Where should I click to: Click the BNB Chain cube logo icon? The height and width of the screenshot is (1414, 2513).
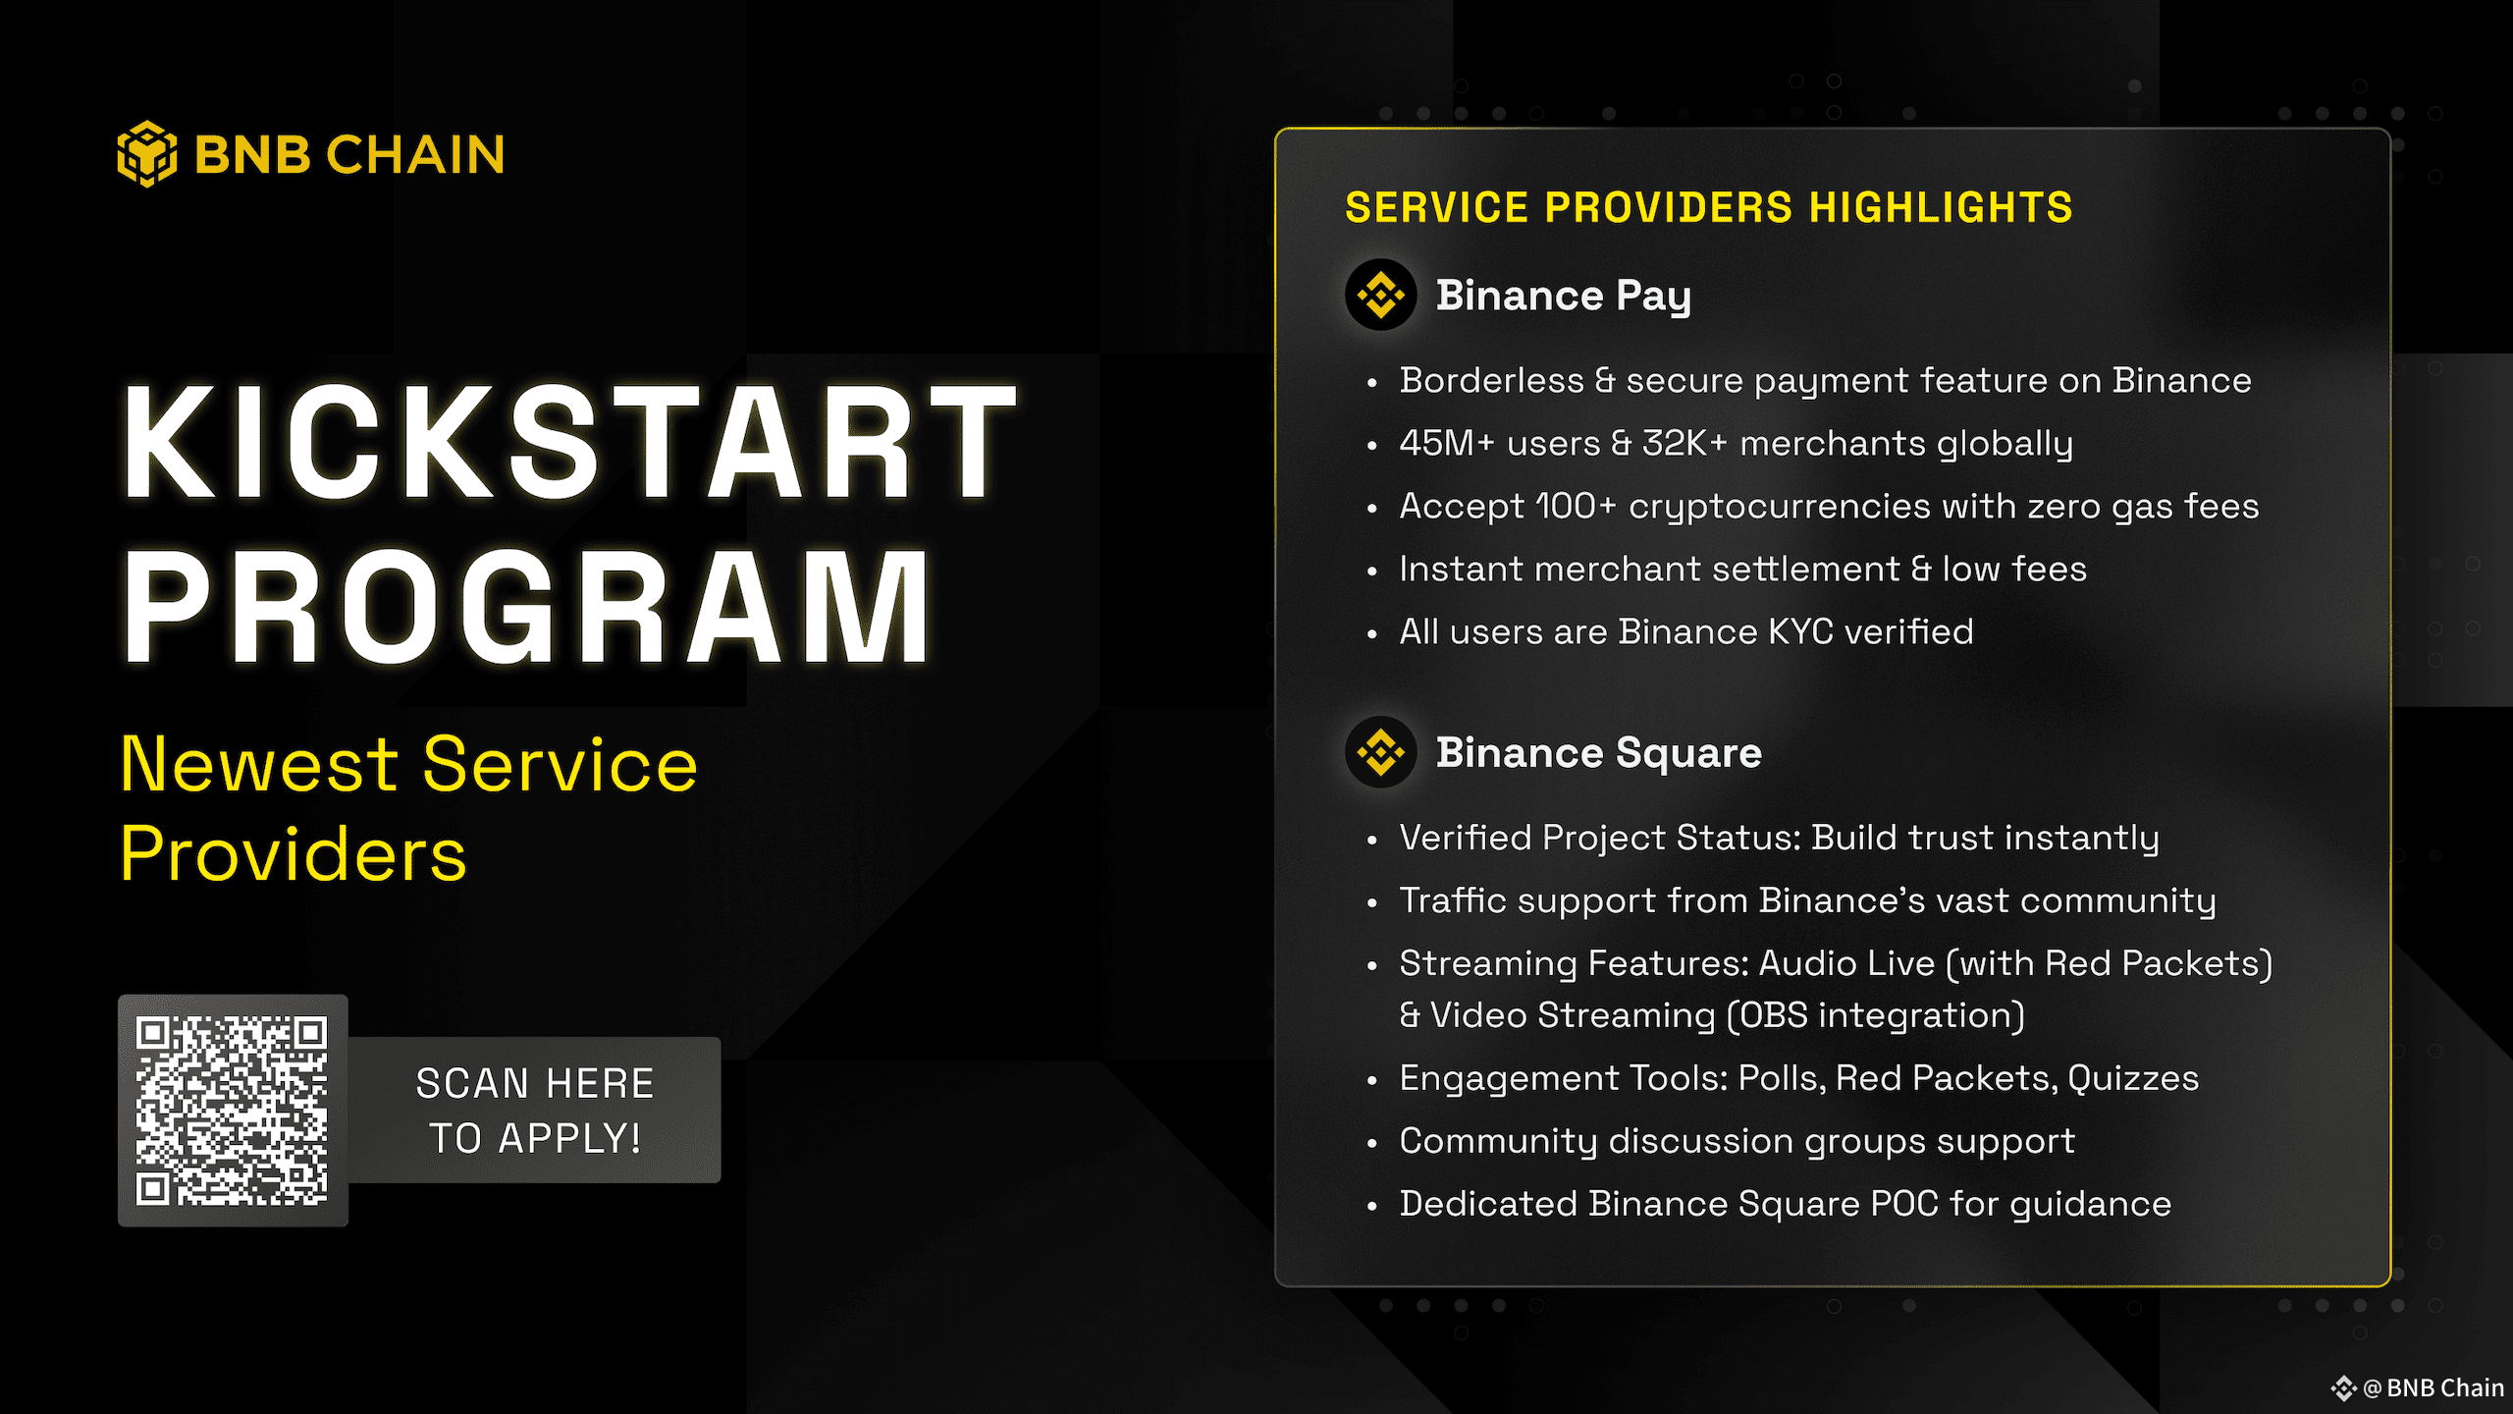pos(147,154)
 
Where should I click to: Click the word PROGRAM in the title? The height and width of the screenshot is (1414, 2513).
pos(526,606)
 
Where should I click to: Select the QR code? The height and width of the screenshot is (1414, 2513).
pos(233,1111)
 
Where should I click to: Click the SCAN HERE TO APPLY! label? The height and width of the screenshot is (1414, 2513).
pos(535,1111)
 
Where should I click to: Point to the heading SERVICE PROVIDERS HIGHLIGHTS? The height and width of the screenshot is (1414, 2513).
pos(1709,208)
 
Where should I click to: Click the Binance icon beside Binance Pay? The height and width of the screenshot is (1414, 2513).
pos(1381,295)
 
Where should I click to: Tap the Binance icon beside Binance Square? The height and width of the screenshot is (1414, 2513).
pos(1381,752)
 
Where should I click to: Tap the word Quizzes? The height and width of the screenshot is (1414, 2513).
pos(2133,1078)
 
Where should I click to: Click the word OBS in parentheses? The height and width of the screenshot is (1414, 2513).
pos(1773,1015)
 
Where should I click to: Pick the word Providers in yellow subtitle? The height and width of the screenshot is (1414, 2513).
pos(294,854)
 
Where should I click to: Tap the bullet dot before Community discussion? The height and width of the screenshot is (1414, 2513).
pos(1372,1143)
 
